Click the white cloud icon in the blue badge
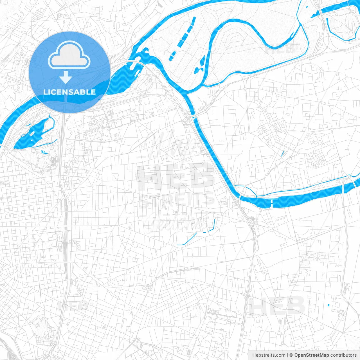(x=69, y=55)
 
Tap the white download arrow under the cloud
(x=66, y=77)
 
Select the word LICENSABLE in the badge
(x=69, y=92)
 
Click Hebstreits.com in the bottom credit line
(x=269, y=355)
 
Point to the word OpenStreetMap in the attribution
(x=311, y=355)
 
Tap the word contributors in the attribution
(x=343, y=355)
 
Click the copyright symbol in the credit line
(x=291, y=355)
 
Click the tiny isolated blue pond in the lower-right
(x=328, y=305)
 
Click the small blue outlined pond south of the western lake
(x=44, y=152)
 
